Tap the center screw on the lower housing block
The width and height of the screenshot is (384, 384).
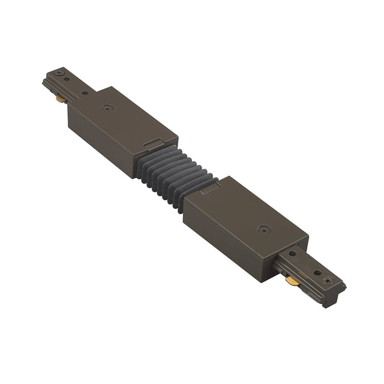tap(265, 229)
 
